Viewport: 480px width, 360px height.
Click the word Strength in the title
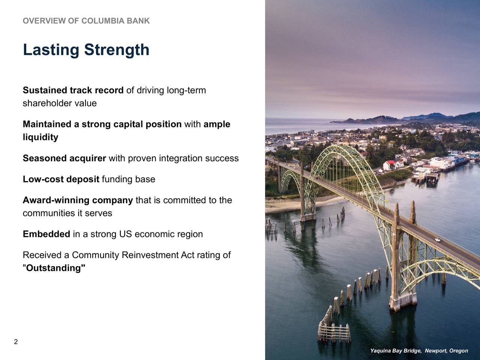pyautogui.click(x=117, y=50)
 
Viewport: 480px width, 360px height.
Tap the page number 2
pyautogui.click(x=16, y=342)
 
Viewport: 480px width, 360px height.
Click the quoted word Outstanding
pyautogui.click(x=54, y=268)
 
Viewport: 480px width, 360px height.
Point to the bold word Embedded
pyautogui.click(x=46, y=234)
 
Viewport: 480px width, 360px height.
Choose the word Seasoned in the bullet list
pyautogui.click(x=45, y=158)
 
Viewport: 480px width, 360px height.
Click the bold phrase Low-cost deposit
pyautogui.click(x=61, y=179)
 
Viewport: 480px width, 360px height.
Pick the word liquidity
pyautogui.click(x=40, y=137)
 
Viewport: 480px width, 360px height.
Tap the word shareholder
pyautogui.click(x=48, y=103)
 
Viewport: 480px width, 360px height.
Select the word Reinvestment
pyautogui.click(x=150, y=255)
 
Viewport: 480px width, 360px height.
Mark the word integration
pyautogui.click(x=181, y=158)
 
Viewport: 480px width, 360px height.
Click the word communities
pyautogui.click(x=49, y=213)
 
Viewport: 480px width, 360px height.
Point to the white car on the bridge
pyautogui.click(x=437, y=240)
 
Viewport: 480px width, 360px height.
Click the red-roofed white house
pyautogui.click(x=390, y=165)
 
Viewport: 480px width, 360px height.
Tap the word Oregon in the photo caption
pyautogui.click(x=458, y=351)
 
